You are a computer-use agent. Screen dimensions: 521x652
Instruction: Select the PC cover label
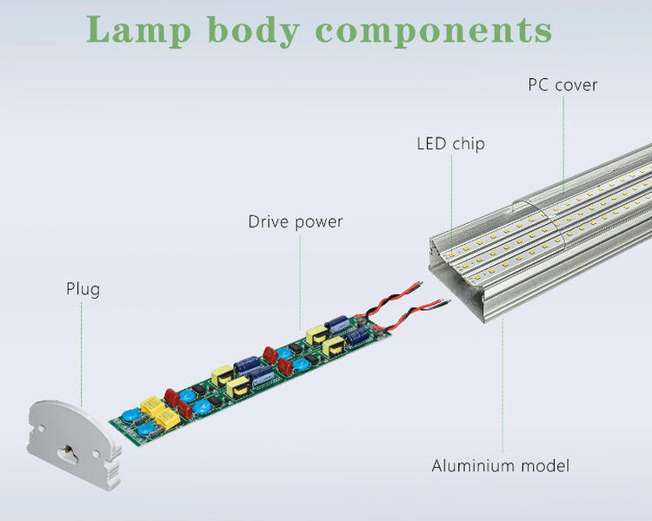tap(562, 85)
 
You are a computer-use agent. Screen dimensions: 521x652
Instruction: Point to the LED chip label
tap(450, 144)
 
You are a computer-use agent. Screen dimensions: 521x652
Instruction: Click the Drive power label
tap(296, 222)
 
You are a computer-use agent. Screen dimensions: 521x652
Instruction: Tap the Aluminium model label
tap(501, 466)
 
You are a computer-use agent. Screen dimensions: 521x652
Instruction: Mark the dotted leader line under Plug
tap(82, 347)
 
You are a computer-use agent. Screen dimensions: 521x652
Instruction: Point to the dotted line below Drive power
tap(301, 278)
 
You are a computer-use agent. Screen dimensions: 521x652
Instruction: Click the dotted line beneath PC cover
tap(562, 139)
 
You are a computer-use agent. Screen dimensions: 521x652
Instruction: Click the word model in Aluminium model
tap(545, 466)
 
